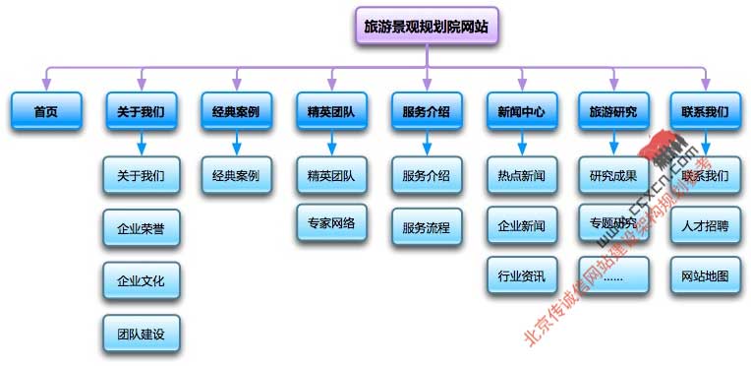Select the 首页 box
pyautogui.click(x=45, y=112)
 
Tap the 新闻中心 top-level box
pyautogui.click(x=521, y=112)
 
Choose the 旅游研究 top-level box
pyautogui.click(x=614, y=112)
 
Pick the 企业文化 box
pyautogui.click(x=141, y=280)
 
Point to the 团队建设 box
pyautogui.click(x=141, y=334)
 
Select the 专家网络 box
pyautogui.click(x=331, y=222)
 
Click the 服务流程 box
pyautogui.click(x=426, y=228)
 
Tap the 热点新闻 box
pyautogui.click(x=521, y=176)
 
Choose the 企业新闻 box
pyautogui.click(x=521, y=226)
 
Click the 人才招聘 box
pyautogui.click(x=705, y=226)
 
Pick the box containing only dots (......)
pyautogui.click(x=614, y=276)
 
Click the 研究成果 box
pyautogui.click(x=614, y=176)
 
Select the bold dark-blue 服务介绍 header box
pyautogui.click(x=426, y=112)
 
